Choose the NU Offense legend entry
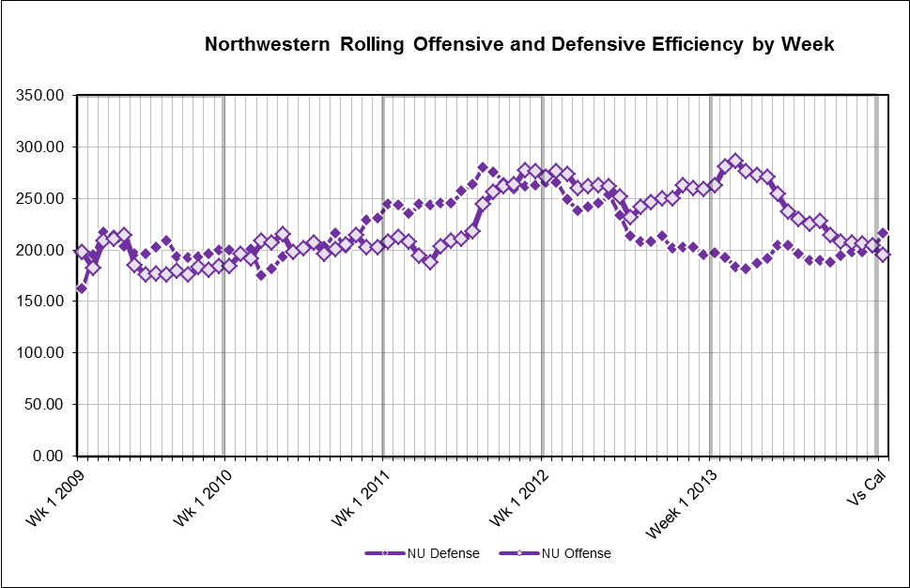[x=576, y=553]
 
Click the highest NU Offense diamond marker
[x=735, y=162]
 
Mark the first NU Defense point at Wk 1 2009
[x=81, y=288]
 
